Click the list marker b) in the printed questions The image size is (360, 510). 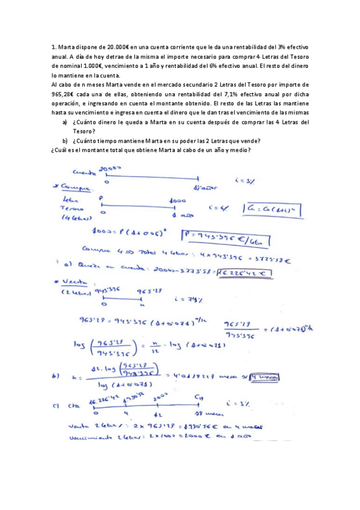[x=65, y=141]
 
